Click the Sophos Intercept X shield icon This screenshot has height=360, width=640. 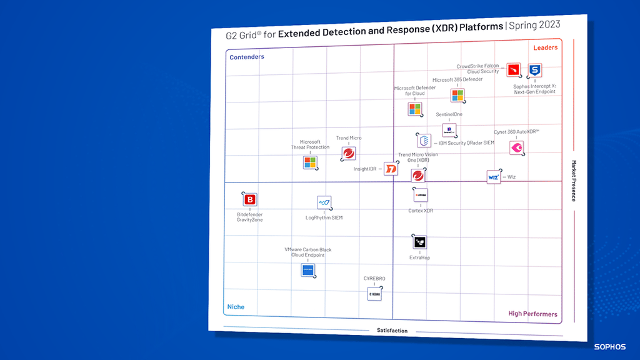tap(534, 71)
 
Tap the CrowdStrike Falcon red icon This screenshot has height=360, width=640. tap(514, 70)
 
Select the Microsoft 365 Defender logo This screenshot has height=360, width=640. tap(457, 96)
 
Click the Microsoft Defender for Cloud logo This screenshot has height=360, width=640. tap(414, 109)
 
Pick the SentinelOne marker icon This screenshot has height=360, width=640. tap(449, 130)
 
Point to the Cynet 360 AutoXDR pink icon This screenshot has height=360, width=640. tap(516, 148)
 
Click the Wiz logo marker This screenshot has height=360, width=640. tap(494, 177)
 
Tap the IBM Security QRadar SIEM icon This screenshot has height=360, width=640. tap(424, 141)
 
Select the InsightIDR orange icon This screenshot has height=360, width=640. tap(391, 169)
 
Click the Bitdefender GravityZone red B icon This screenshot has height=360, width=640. tap(250, 200)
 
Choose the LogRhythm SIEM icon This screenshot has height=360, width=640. tap(324, 202)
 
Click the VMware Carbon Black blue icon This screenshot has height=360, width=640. tap(308, 271)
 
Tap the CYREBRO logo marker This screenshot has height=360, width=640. tap(374, 293)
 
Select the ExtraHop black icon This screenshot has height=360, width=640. tap(419, 242)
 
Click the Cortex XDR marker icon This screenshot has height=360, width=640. tap(420, 196)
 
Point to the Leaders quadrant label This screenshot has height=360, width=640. tap(545, 48)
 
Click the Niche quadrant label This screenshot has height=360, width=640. tap(236, 307)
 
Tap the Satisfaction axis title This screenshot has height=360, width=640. tap(392, 331)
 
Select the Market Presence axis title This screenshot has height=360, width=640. tap(572, 181)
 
